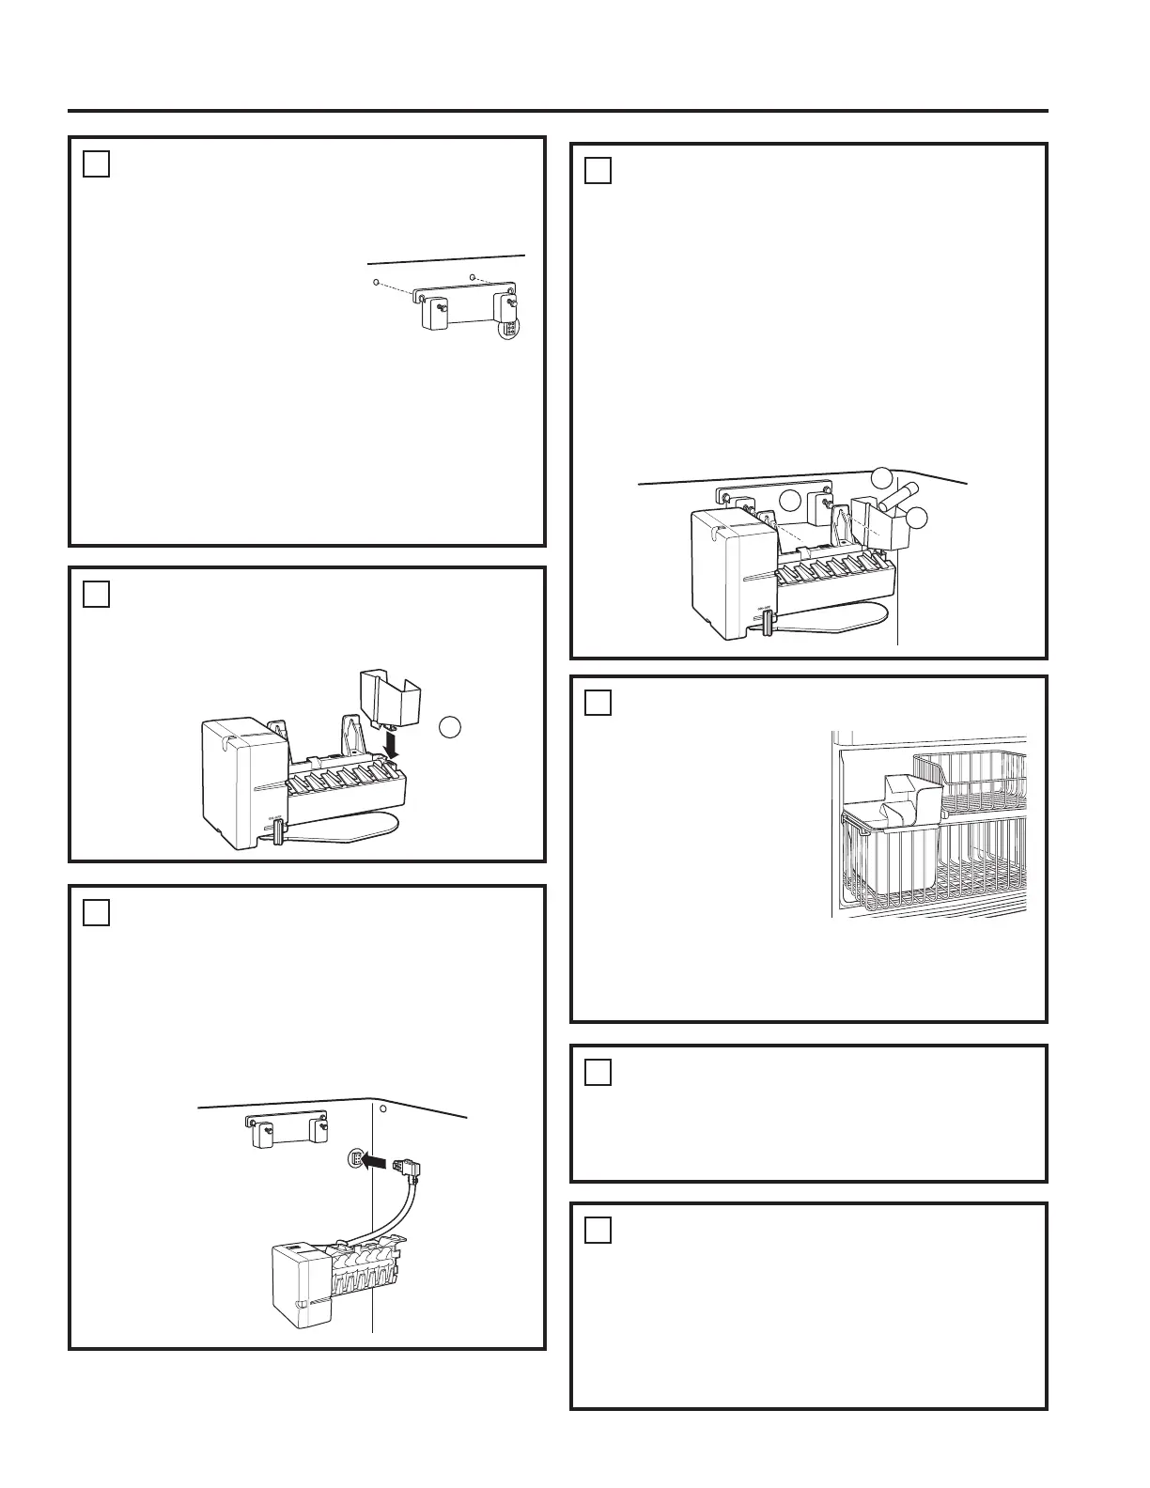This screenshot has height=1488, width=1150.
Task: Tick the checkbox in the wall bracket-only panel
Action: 97,164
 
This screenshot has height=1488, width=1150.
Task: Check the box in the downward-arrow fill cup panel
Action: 97,595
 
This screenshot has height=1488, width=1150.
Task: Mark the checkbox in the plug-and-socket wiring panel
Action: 97,912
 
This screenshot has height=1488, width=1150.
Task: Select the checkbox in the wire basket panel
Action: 598,703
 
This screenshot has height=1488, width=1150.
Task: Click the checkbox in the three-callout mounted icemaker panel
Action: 598,171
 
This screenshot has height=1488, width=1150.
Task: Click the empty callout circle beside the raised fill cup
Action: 451,728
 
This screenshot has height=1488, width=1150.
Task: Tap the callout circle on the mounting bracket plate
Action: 791,500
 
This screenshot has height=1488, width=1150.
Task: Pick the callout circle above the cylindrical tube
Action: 880,477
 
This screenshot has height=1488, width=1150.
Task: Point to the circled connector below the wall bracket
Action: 509,330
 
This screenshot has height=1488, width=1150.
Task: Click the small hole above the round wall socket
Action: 382,1107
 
